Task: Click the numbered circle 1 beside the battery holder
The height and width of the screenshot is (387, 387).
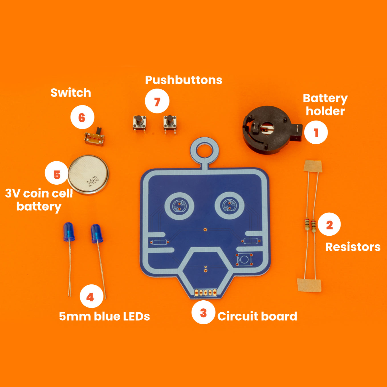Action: click(x=316, y=132)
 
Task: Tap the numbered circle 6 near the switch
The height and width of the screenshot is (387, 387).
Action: click(x=82, y=117)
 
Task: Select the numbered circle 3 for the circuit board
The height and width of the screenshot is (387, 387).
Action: click(x=203, y=312)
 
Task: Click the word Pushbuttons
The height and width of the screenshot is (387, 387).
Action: click(x=184, y=80)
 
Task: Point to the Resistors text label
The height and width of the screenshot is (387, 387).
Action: click(x=353, y=247)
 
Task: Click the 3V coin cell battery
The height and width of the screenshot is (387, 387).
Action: click(x=88, y=174)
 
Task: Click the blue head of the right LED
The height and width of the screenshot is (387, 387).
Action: click(x=97, y=233)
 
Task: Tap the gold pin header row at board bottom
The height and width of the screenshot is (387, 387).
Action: click(x=205, y=292)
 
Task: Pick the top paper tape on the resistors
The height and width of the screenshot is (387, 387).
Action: click(x=313, y=166)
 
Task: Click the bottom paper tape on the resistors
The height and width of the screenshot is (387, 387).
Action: click(x=309, y=285)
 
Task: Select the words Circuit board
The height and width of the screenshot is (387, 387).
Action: click(x=257, y=316)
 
